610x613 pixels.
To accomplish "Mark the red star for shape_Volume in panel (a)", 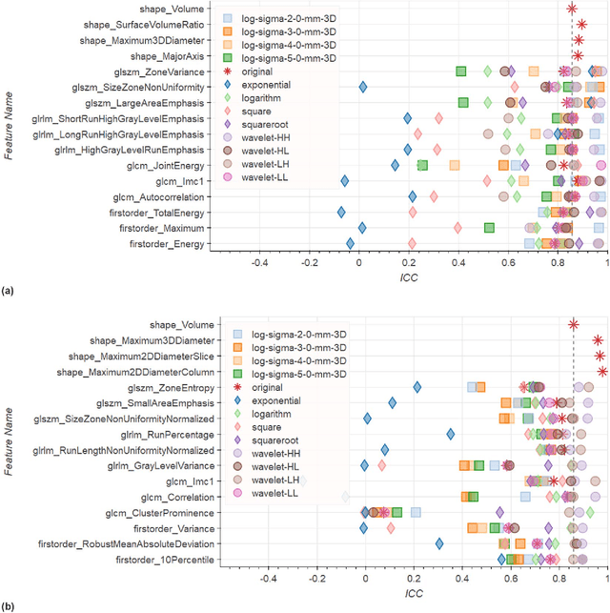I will [x=572, y=8].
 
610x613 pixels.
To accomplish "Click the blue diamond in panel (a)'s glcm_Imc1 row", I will [x=345, y=181].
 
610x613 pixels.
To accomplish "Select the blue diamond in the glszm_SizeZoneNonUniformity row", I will [x=363, y=87].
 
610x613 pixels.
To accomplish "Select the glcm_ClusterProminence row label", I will [x=154, y=512].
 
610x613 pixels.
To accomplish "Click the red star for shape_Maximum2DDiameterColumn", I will [x=602, y=371].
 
